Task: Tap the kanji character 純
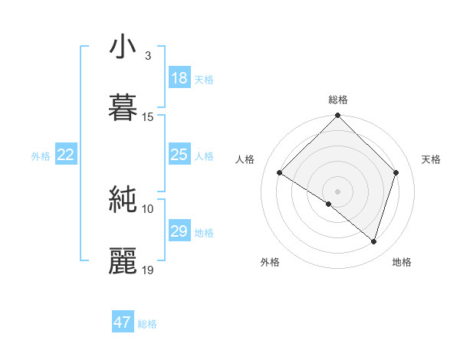pyautogui.click(x=123, y=200)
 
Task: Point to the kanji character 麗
pyautogui.click(x=123, y=261)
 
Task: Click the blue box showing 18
pyautogui.click(x=179, y=78)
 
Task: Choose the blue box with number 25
pyautogui.click(x=179, y=155)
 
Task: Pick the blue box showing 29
pyautogui.click(x=179, y=231)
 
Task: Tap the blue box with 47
pyautogui.click(x=123, y=322)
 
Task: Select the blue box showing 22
pyautogui.click(x=66, y=155)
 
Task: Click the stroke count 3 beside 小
pyautogui.click(x=147, y=56)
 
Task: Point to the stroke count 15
pyautogui.click(x=148, y=117)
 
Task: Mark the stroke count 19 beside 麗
pyautogui.click(x=148, y=270)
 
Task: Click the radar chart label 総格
pyautogui.click(x=338, y=100)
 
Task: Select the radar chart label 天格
pyautogui.click(x=431, y=159)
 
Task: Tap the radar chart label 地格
pyautogui.click(x=402, y=262)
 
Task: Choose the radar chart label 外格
pyautogui.click(x=270, y=262)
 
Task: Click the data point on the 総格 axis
pyautogui.click(x=337, y=116)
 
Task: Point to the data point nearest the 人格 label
pyautogui.click(x=280, y=173)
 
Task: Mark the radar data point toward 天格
pyautogui.click(x=396, y=173)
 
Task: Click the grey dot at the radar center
pyautogui.click(x=337, y=191)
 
